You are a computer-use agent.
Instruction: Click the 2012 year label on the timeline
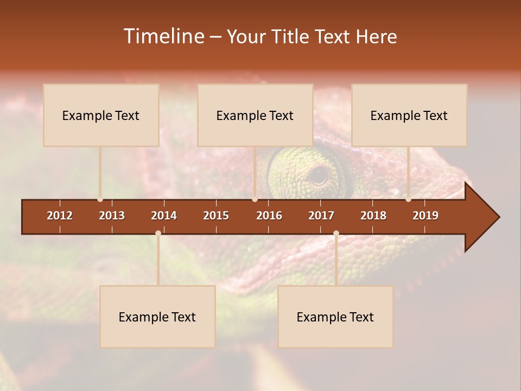point(60,216)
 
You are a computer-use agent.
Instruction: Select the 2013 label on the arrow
point(112,216)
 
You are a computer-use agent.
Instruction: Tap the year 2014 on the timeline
point(164,216)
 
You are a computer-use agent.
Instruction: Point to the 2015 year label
point(216,216)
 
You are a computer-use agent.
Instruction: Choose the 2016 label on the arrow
point(269,216)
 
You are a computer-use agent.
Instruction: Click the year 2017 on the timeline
point(321,216)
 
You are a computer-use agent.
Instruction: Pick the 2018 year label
point(373,216)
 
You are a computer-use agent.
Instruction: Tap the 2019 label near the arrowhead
point(425,216)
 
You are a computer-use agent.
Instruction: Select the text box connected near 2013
point(101,115)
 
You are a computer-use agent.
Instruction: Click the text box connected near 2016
point(255,115)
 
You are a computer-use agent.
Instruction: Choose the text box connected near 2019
point(409,115)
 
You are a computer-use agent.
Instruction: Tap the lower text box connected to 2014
point(157,317)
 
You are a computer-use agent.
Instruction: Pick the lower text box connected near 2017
point(335,317)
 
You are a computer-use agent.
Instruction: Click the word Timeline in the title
point(163,36)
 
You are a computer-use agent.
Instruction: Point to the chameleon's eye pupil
point(319,175)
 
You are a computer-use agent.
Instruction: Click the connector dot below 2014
point(158,234)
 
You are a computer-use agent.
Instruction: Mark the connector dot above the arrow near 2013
point(100,199)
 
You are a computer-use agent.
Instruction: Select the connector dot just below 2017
point(336,234)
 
